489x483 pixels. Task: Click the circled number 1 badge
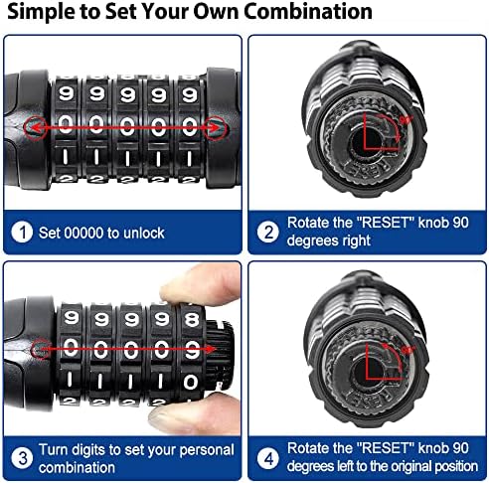tap(23, 232)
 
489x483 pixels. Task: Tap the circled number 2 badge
tap(267, 232)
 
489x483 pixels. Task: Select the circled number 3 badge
tap(23, 458)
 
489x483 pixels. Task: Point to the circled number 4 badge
tap(267, 458)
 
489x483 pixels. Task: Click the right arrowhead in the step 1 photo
tap(215, 128)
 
